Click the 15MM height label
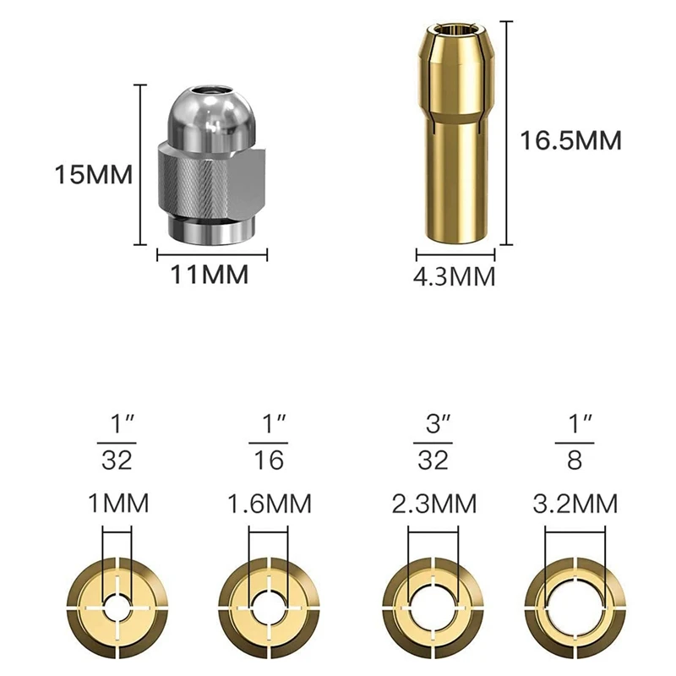pos(94,175)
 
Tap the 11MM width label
pos(210,274)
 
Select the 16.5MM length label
pos(571,140)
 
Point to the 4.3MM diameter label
pos(455,276)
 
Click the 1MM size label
pos(118,503)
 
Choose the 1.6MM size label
pos(269,503)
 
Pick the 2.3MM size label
pos(434,503)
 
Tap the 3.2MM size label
pos(575,503)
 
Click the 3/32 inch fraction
pos(433,443)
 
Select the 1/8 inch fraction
pos(575,443)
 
